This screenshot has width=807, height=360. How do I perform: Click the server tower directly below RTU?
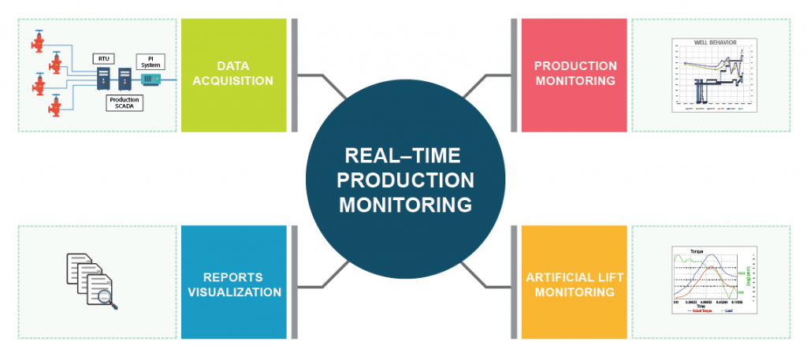pyautogui.click(x=102, y=78)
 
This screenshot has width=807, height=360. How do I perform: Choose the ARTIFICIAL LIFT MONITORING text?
pyautogui.click(x=570, y=284)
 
